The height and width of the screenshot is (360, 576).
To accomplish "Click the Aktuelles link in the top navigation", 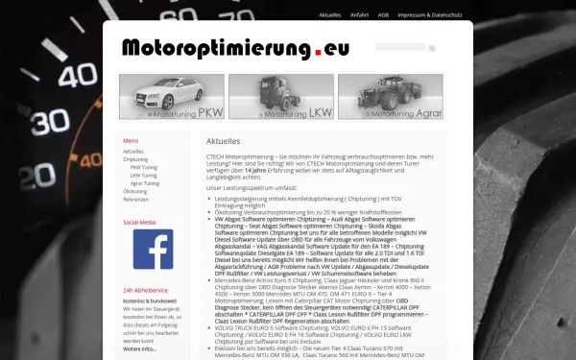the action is coord(329,15).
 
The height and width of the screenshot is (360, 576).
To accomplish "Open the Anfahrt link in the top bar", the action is coord(360,15).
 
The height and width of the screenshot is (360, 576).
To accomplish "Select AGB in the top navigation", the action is coord(383,15).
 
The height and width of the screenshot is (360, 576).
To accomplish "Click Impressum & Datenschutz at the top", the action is coord(430,15).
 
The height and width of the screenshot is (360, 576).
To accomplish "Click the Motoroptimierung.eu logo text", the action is coord(235,48).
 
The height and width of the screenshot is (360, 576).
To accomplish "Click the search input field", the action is coord(400,47).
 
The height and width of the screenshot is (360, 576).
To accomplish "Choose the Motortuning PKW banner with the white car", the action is coord(172,96).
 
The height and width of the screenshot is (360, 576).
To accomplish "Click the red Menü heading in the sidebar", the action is coord(131,141).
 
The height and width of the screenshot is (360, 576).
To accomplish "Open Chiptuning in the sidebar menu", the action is coord(135,159).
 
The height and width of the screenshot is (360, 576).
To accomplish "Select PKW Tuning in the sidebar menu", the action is coord(144,167).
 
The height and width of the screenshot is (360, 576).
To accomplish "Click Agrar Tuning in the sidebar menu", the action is coord(145,182).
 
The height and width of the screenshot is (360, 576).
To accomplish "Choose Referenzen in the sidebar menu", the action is coord(136,199).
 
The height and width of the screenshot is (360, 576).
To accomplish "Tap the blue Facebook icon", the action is coord(152,249).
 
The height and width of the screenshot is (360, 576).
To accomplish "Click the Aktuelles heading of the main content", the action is coord(223,141).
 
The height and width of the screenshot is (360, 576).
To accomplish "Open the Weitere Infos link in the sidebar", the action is coord(140,348).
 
